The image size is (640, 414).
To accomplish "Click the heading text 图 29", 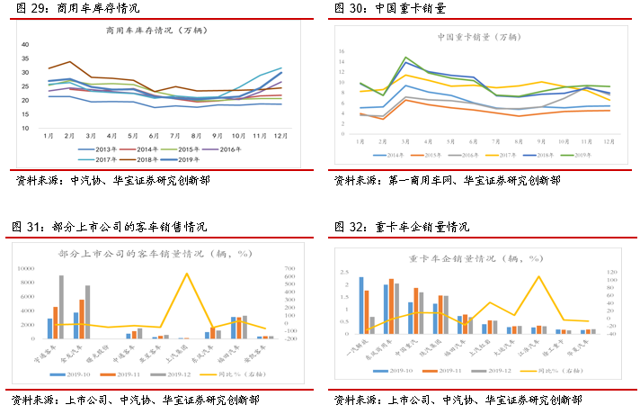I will (x=27, y=8).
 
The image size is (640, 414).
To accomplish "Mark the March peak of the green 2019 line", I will (x=406, y=58).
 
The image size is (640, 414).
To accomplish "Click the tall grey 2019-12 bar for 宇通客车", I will (x=62, y=307).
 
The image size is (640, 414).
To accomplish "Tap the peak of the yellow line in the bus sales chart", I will (x=186, y=274).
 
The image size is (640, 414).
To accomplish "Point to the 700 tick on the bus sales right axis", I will (x=289, y=268).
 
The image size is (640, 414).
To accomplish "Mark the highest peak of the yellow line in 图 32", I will (x=538, y=276).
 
